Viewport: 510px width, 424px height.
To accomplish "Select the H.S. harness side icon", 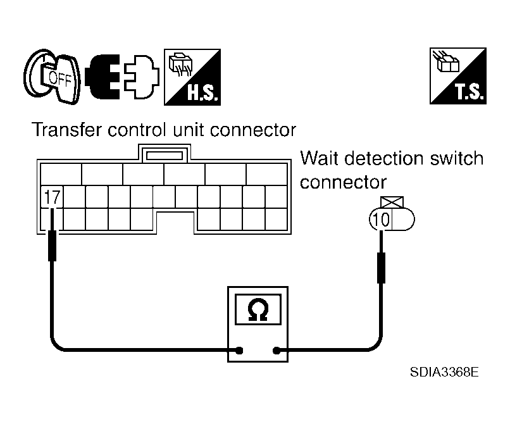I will pos(191,77).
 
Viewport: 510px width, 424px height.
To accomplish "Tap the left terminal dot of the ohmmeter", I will pos(239,349).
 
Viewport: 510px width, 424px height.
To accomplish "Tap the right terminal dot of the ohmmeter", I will pos(277,349).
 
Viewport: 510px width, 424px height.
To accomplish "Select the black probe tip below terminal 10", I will pos(382,267).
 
